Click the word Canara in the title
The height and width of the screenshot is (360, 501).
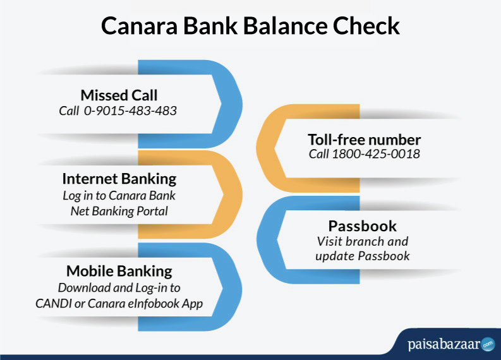point(140,26)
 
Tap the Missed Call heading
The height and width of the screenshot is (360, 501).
point(119,95)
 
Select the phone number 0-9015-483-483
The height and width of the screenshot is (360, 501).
point(130,111)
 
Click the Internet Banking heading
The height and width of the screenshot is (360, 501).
point(119,179)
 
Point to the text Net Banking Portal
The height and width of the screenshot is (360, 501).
point(119,211)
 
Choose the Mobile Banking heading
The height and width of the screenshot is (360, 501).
point(119,271)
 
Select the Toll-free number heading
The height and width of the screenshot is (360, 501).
point(365,140)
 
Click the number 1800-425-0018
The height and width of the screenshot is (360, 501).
point(376,154)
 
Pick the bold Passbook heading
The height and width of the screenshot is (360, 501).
point(363,226)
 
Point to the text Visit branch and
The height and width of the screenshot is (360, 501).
point(363,241)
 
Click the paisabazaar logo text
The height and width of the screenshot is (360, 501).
point(444,344)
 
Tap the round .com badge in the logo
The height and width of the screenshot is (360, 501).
point(488,344)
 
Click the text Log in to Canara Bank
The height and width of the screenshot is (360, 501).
point(119,196)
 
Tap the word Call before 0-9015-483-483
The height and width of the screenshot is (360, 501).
point(69,111)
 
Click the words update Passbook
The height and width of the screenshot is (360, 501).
point(363,256)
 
